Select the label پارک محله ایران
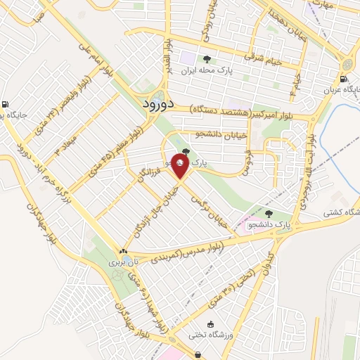[x=206, y=71]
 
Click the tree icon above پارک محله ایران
[x=206, y=59]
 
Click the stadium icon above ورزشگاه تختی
[x=191, y=335]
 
